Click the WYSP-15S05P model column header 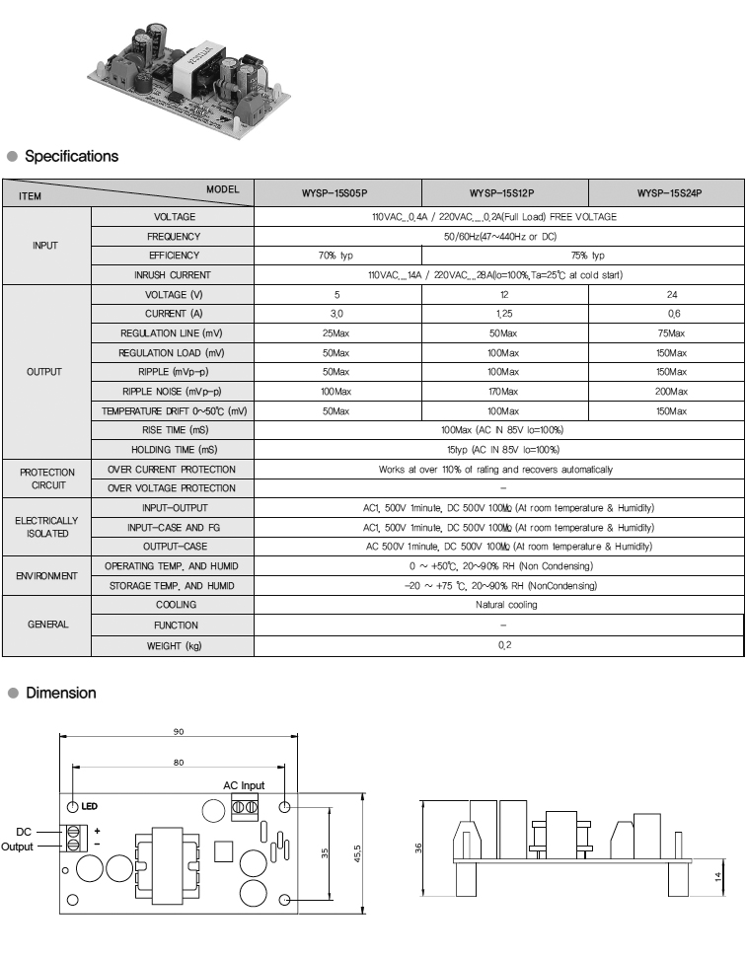point(336,193)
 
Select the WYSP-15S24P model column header point(668,193)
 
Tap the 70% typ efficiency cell point(336,256)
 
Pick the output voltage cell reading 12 point(503,295)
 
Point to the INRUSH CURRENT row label point(173,275)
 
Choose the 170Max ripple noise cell point(503,392)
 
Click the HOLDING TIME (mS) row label point(173,450)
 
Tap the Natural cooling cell point(503,605)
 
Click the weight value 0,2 point(503,645)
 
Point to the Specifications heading point(71,156)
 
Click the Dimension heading point(60,693)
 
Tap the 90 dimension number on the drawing point(179,731)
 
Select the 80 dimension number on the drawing point(179,762)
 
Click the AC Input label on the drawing point(244,785)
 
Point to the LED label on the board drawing point(89,806)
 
